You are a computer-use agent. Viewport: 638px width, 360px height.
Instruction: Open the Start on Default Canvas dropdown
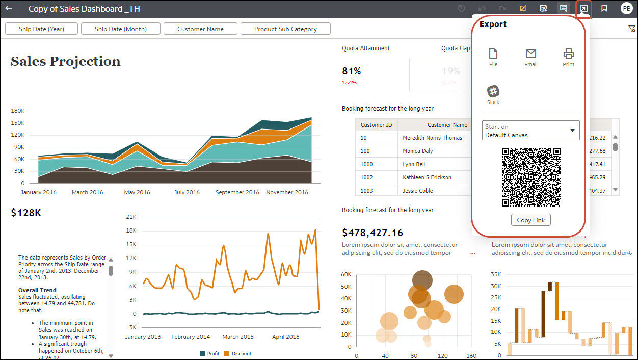click(x=530, y=131)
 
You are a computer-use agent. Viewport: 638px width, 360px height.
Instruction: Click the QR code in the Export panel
click(x=531, y=177)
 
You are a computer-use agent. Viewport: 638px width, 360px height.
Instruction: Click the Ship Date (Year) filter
click(x=41, y=29)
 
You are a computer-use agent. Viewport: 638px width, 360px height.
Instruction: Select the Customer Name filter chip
click(x=200, y=29)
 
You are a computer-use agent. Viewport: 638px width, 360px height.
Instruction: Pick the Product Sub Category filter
click(x=285, y=29)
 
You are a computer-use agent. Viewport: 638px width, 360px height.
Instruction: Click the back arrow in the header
click(x=9, y=9)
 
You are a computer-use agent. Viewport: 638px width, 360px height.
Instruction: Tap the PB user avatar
click(x=626, y=9)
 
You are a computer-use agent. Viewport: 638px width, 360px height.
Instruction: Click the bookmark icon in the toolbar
click(x=604, y=9)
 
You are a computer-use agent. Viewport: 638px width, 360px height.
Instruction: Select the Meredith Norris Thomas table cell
click(x=432, y=138)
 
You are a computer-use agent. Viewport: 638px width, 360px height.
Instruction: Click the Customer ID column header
click(x=376, y=125)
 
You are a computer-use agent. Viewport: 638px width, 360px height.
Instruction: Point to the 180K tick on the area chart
click(x=18, y=111)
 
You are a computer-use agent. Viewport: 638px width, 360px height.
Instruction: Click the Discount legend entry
click(x=238, y=353)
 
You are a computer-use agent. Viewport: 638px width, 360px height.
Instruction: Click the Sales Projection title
click(x=66, y=61)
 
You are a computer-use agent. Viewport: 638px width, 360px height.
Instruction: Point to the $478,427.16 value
click(x=373, y=233)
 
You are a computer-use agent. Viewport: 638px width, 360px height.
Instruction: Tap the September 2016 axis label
click(x=237, y=192)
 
